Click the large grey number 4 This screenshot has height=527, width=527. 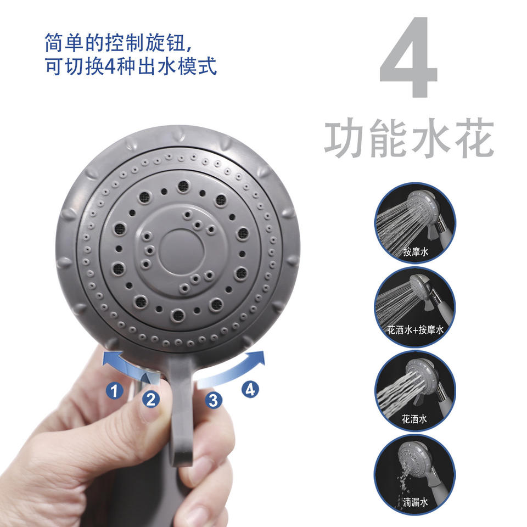[408, 57]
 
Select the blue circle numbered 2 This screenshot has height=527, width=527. [150, 399]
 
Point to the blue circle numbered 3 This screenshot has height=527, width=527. [214, 400]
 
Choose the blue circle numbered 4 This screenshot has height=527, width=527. [250, 390]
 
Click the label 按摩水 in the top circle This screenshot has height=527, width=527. [416, 251]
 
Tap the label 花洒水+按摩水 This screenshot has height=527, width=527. [416, 330]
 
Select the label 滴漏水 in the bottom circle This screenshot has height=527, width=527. [416, 502]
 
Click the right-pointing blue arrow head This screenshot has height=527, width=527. [257, 358]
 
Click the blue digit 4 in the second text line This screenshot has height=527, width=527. [110, 66]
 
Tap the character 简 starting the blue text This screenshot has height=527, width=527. [55, 42]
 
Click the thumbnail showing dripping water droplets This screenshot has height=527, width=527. [415, 475]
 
